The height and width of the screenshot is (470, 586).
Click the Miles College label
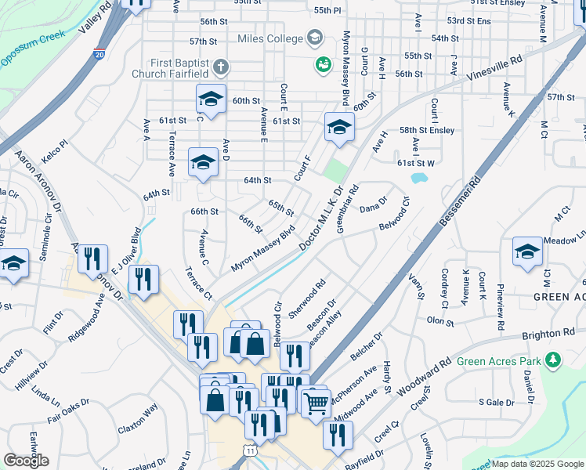tap(272, 38)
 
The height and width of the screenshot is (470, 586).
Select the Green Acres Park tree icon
tap(554, 360)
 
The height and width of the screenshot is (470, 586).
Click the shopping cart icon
tap(316, 404)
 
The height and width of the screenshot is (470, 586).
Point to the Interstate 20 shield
tap(99, 55)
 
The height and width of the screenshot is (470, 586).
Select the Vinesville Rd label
tap(494, 69)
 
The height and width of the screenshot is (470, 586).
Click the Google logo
tap(26, 461)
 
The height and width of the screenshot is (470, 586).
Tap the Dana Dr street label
tap(373, 205)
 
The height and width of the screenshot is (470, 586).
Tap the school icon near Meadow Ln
tap(527, 251)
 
